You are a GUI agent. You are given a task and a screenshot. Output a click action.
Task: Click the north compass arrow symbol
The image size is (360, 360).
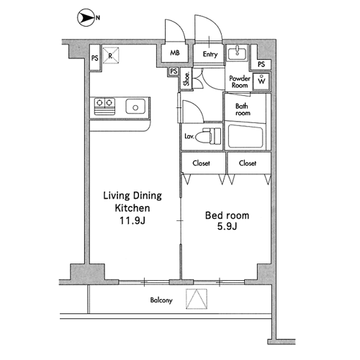[x=86, y=17]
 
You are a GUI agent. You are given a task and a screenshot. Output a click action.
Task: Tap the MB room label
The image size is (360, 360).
[x=175, y=53]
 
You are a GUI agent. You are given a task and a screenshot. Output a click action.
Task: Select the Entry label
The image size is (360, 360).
[x=210, y=54]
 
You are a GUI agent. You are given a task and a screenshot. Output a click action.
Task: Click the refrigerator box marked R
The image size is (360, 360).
[x=111, y=55]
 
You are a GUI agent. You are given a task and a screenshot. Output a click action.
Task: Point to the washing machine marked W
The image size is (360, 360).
[x=261, y=81]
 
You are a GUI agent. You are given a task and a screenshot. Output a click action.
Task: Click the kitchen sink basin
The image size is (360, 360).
[x=135, y=107]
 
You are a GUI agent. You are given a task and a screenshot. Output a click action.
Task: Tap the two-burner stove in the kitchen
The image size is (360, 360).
[x=104, y=107]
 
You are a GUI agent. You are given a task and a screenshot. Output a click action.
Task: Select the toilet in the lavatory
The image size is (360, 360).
[x=208, y=136]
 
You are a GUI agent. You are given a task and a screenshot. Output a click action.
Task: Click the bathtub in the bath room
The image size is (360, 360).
[x=246, y=136]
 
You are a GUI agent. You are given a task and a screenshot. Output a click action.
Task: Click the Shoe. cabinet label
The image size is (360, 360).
[x=186, y=79]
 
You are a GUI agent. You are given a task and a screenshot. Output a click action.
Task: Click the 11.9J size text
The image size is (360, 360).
[x=132, y=220]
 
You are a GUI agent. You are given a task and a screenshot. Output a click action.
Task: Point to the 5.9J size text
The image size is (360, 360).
[x=227, y=226]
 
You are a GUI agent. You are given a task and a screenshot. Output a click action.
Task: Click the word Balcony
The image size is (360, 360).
[x=161, y=300]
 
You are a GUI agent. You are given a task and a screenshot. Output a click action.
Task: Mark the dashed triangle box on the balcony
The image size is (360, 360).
[x=197, y=299]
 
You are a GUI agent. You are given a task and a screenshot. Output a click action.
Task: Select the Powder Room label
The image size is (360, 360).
[x=240, y=82]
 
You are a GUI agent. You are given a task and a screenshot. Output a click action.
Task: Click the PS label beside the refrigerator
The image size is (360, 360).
[x=95, y=58]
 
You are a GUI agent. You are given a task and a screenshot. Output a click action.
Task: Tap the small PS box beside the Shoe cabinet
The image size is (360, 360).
[x=174, y=71]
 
